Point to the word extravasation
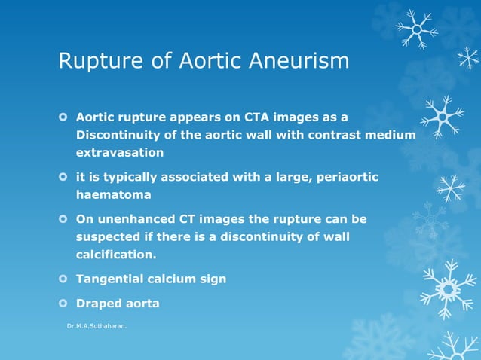[x=119, y=152]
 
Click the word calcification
[x=117, y=254]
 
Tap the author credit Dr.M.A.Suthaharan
[x=97, y=328]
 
